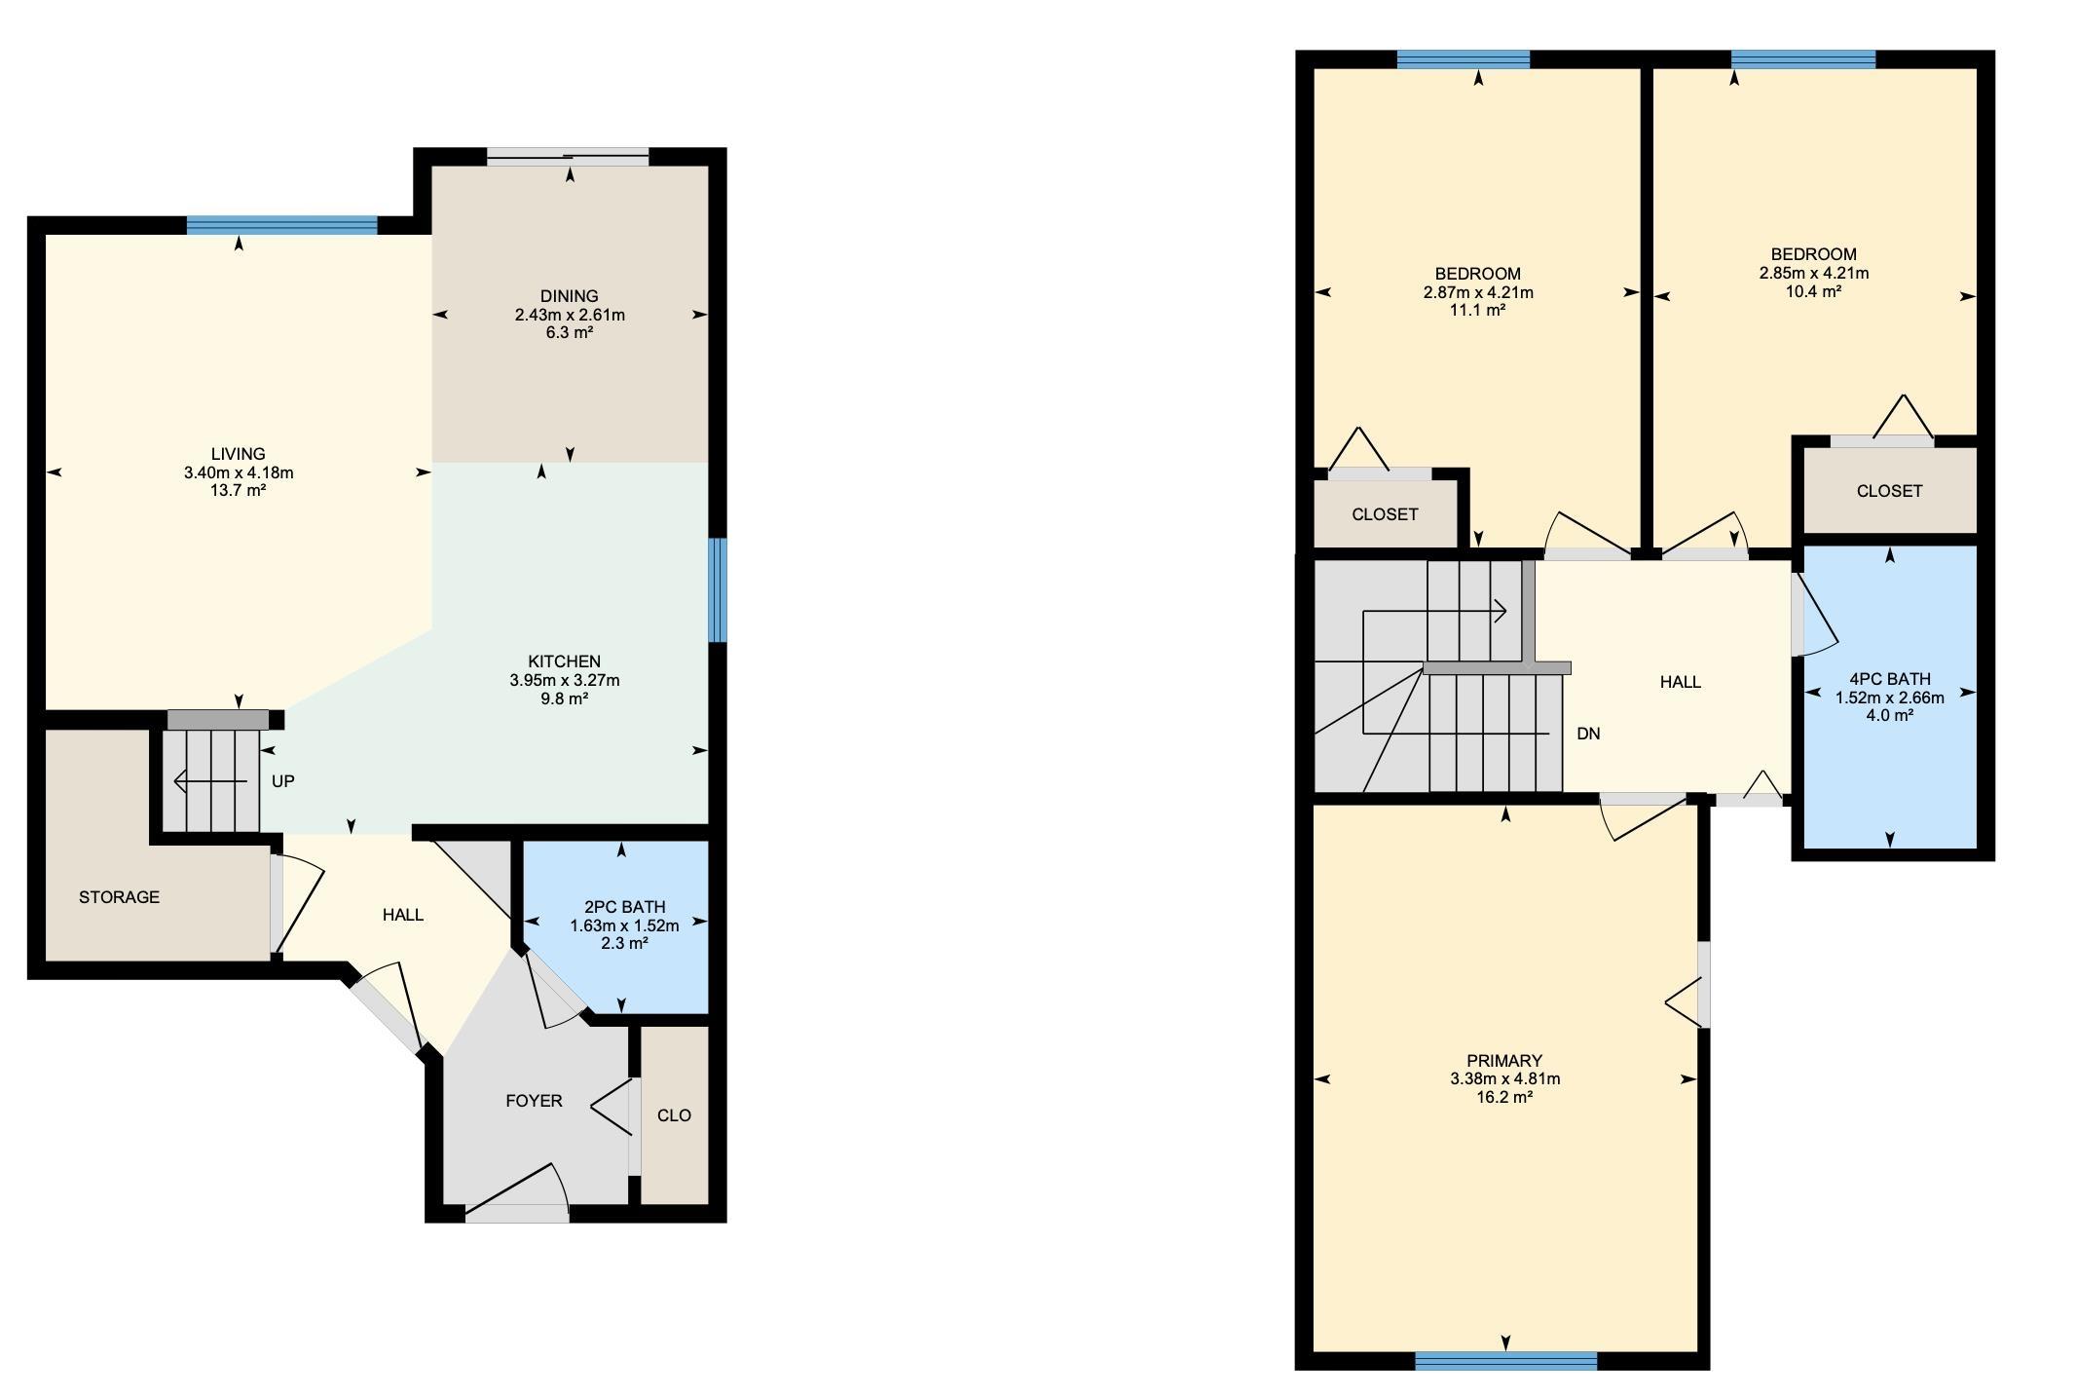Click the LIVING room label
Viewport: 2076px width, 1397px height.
[239, 454]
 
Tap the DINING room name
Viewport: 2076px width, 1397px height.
[570, 296]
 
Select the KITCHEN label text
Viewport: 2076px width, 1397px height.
[565, 661]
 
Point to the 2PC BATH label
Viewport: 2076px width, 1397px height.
[624, 907]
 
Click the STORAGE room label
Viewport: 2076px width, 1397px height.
[119, 897]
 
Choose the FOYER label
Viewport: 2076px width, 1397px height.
[534, 1101]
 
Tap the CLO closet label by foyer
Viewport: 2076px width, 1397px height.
[674, 1115]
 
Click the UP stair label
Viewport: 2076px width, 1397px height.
[282, 781]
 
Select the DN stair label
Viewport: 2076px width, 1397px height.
[1588, 734]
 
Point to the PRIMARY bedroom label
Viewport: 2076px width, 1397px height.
[1504, 1061]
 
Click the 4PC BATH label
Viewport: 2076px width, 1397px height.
[1890, 679]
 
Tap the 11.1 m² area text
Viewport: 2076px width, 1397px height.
[1478, 310]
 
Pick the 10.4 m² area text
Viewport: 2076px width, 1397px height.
[1813, 291]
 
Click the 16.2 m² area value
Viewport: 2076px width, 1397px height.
[1504, 1097]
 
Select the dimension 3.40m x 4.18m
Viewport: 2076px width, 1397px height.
[239, 472]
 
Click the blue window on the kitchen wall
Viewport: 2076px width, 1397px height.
[718, 590]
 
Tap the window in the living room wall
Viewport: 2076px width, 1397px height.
[281, 225]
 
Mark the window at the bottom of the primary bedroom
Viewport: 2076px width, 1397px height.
[1505, 1361]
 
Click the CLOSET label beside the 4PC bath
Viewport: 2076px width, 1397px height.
[1889, 491]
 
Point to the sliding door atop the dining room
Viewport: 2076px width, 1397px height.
[568, 157]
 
